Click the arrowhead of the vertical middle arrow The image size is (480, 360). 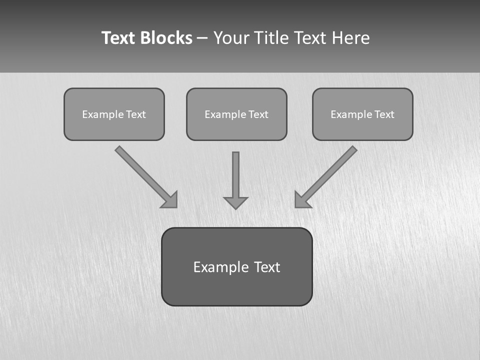tap(235, 202)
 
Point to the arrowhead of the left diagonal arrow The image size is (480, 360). tap(170, 200)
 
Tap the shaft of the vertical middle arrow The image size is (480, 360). tap(235, 172)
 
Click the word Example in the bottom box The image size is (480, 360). tap(220, 267)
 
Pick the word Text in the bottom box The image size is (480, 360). tap(267, 267)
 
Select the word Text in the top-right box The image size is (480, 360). tap(384, 114)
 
